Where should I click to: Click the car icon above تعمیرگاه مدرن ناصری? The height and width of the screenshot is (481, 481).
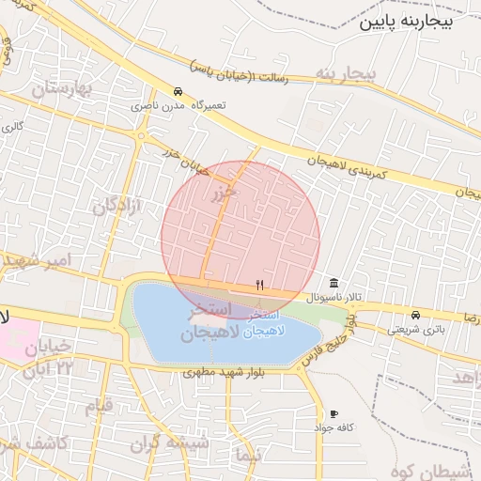pyautogui.click(x=178, y=91)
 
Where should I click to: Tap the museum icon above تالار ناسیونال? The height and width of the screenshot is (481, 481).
pyautogui.click(x=334, y=284)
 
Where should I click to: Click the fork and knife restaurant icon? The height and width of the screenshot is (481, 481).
pyautogui.click(x=259, y=285)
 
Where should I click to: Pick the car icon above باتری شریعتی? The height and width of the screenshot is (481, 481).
pyautogui.click(x=415, y=314)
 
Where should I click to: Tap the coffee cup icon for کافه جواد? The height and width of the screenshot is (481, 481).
pyautogui.click(x=333, y=413)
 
